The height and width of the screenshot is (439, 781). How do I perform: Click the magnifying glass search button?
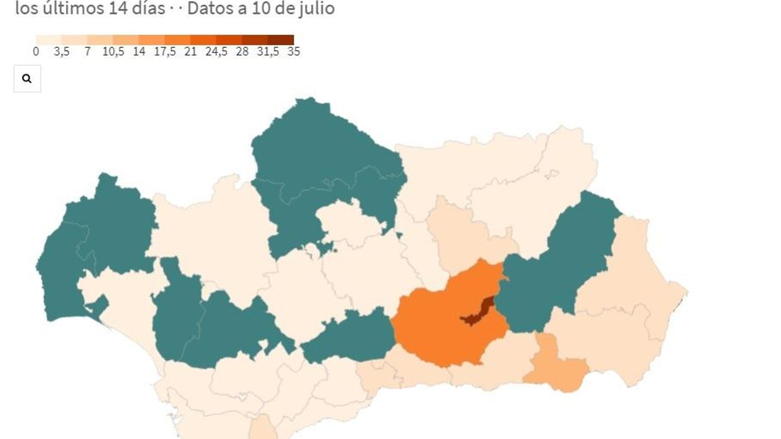(x=27, y=79)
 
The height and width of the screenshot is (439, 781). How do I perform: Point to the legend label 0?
(x=36, y=52)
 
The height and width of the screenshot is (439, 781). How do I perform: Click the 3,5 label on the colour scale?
(x=62, y=52)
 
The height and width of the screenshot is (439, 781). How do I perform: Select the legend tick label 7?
(x=87, y=52)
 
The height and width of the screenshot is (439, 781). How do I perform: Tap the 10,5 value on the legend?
(x=113, y=52)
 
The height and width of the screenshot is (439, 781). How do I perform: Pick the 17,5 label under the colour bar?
(x=164, y=52)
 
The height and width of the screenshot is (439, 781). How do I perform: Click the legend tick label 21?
(x=190, y=52)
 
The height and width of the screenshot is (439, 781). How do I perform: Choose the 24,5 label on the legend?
(x=216, y=52)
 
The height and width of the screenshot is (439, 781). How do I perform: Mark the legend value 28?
(x=242, y=52)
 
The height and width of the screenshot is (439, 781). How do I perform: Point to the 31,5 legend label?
(x=268, y=52)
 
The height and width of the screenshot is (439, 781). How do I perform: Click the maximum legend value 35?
(x=293, y=52)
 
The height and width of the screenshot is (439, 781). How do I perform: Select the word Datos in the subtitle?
(x=206, y=8)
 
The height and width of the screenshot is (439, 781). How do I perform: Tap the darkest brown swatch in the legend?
(x=281, y=40)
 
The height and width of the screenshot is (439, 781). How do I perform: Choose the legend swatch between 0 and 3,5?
(x=48, y=40)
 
